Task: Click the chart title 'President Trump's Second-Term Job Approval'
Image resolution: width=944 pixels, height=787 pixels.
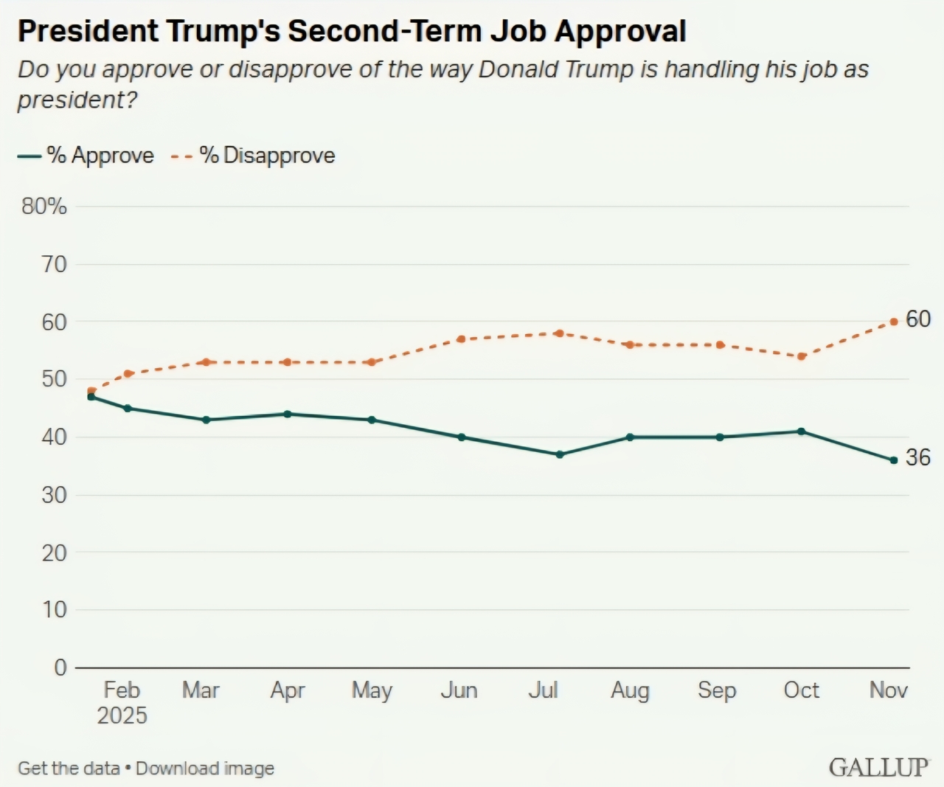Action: (352, 32)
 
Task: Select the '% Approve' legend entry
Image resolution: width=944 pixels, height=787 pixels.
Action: (86, 156)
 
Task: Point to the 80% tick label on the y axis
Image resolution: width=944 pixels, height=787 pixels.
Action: (44, 207)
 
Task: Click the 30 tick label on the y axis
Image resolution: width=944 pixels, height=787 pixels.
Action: (54, 495)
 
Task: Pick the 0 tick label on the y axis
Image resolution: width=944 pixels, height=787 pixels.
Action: (60, 668)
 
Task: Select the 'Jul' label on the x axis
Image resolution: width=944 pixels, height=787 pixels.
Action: (544, 690)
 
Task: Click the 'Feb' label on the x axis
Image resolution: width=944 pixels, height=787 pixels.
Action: (122, 690)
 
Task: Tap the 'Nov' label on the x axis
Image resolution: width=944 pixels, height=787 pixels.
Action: (888, 690)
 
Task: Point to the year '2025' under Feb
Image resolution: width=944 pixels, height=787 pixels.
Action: (122, 715)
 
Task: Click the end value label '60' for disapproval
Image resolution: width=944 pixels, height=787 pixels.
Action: (918, 319)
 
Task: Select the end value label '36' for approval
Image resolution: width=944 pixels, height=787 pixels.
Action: (918, 458)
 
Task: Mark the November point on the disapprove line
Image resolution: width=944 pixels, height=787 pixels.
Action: (894, 322)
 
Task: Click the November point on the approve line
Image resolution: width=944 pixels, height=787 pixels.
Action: (894, 460)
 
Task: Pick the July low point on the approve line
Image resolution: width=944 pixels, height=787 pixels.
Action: (560, 454)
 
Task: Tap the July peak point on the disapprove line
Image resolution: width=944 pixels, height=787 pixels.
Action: (560, 333)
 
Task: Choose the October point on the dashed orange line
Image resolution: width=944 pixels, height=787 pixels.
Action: (802, 356)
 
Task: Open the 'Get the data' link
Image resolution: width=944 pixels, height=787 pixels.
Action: (69, 769)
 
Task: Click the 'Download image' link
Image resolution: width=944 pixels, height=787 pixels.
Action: (205, 769)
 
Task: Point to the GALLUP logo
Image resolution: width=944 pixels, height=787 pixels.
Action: (878, 767)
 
